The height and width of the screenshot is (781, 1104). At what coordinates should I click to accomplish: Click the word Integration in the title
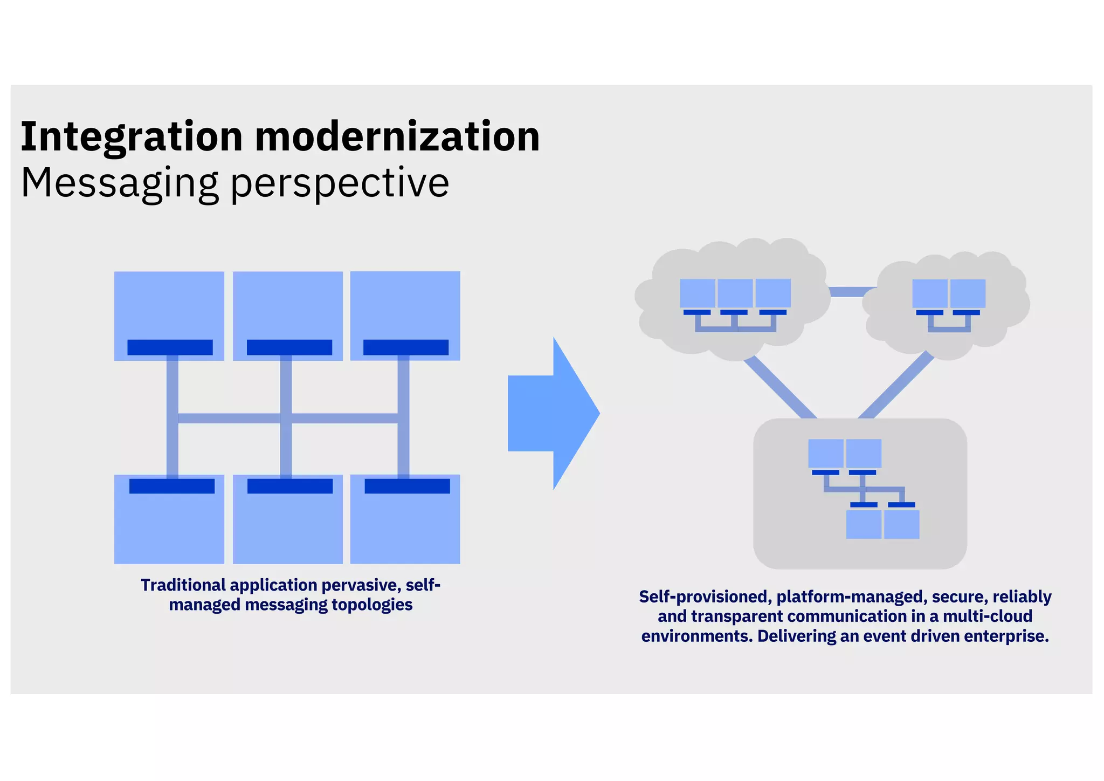[132, 137]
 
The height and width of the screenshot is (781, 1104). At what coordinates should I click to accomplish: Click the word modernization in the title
[397, 137]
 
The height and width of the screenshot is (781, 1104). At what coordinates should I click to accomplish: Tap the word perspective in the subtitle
[340, 183]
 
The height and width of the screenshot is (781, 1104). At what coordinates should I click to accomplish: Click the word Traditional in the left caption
[183, 585]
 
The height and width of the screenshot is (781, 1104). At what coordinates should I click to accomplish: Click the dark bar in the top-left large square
[170, 347]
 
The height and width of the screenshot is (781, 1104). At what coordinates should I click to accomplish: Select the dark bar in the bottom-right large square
[407, 486]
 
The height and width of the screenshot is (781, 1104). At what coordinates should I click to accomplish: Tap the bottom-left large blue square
[169, 529]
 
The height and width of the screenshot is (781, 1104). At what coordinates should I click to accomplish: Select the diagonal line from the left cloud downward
[780, 387]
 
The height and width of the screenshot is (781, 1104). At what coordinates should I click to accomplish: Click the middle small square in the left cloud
[735, 293]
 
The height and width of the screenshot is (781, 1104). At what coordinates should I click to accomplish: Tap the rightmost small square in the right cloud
[968, 293]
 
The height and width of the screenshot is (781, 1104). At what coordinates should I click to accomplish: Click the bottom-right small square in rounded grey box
[901, 524]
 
